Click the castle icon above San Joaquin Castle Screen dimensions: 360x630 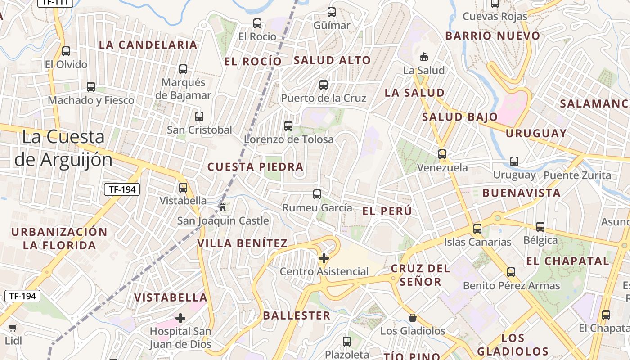(223, 207)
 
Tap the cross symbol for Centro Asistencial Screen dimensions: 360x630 (324, 258)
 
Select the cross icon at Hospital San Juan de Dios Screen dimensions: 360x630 (180, 318)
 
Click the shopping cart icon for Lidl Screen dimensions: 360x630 (13, 328)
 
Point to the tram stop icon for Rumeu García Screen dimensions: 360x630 (317, 194)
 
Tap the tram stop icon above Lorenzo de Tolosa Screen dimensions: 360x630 (288, 126)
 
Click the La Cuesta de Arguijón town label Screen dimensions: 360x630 (63, 148)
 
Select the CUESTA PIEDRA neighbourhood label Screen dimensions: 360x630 (255, 167)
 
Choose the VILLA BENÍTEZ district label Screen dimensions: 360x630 (242, 243)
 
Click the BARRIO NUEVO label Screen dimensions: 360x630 (492, 36)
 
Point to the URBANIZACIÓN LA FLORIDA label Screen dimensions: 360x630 (59, 238)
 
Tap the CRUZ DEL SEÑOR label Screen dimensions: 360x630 (420, 275)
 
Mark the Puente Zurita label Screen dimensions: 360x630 (577, 175)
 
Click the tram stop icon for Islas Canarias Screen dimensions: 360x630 (477, 229)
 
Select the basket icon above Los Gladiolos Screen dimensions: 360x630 (413, 318)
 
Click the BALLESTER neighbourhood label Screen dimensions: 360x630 (297, 315)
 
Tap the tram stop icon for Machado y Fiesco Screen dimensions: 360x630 (91, 87)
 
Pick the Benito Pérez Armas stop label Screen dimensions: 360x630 (511, 286)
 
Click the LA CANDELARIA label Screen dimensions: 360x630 (148, 45)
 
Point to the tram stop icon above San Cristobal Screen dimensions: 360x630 (199, 117)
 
